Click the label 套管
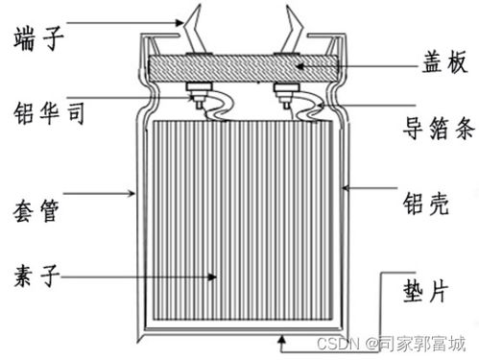click(x=36, y=208)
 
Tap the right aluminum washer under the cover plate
click(x=284, y=94)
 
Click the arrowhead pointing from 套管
click(x=135, y=196)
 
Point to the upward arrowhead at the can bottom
click(x=281, y=336)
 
